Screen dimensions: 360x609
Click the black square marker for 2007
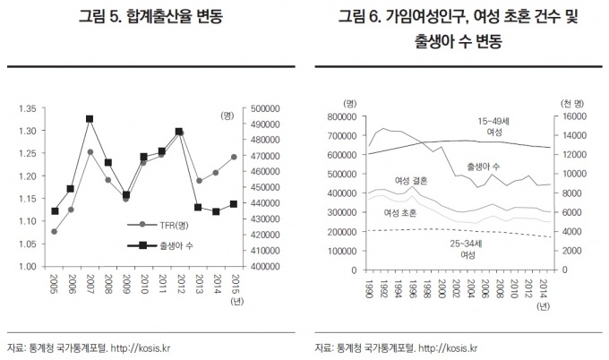[x=90, y=119]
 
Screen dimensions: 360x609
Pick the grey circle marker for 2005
[x=56, y=231]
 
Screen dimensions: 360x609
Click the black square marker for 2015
[x=233, y=204]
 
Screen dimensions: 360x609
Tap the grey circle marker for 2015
[x=233, y=157]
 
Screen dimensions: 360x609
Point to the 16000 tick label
[x=574, y=116]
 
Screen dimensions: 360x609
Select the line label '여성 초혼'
[x=400, y=213]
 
